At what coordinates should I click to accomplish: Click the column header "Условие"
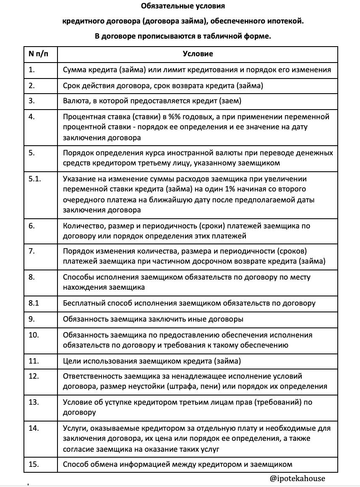click(x=198, y=54)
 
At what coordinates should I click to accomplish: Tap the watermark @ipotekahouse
click(x=297, y=478)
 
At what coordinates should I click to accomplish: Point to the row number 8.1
click(x=34, y=303)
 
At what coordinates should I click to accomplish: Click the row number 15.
click(x=34, y=464)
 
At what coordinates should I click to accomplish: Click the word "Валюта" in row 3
click(x=74, y=101)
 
